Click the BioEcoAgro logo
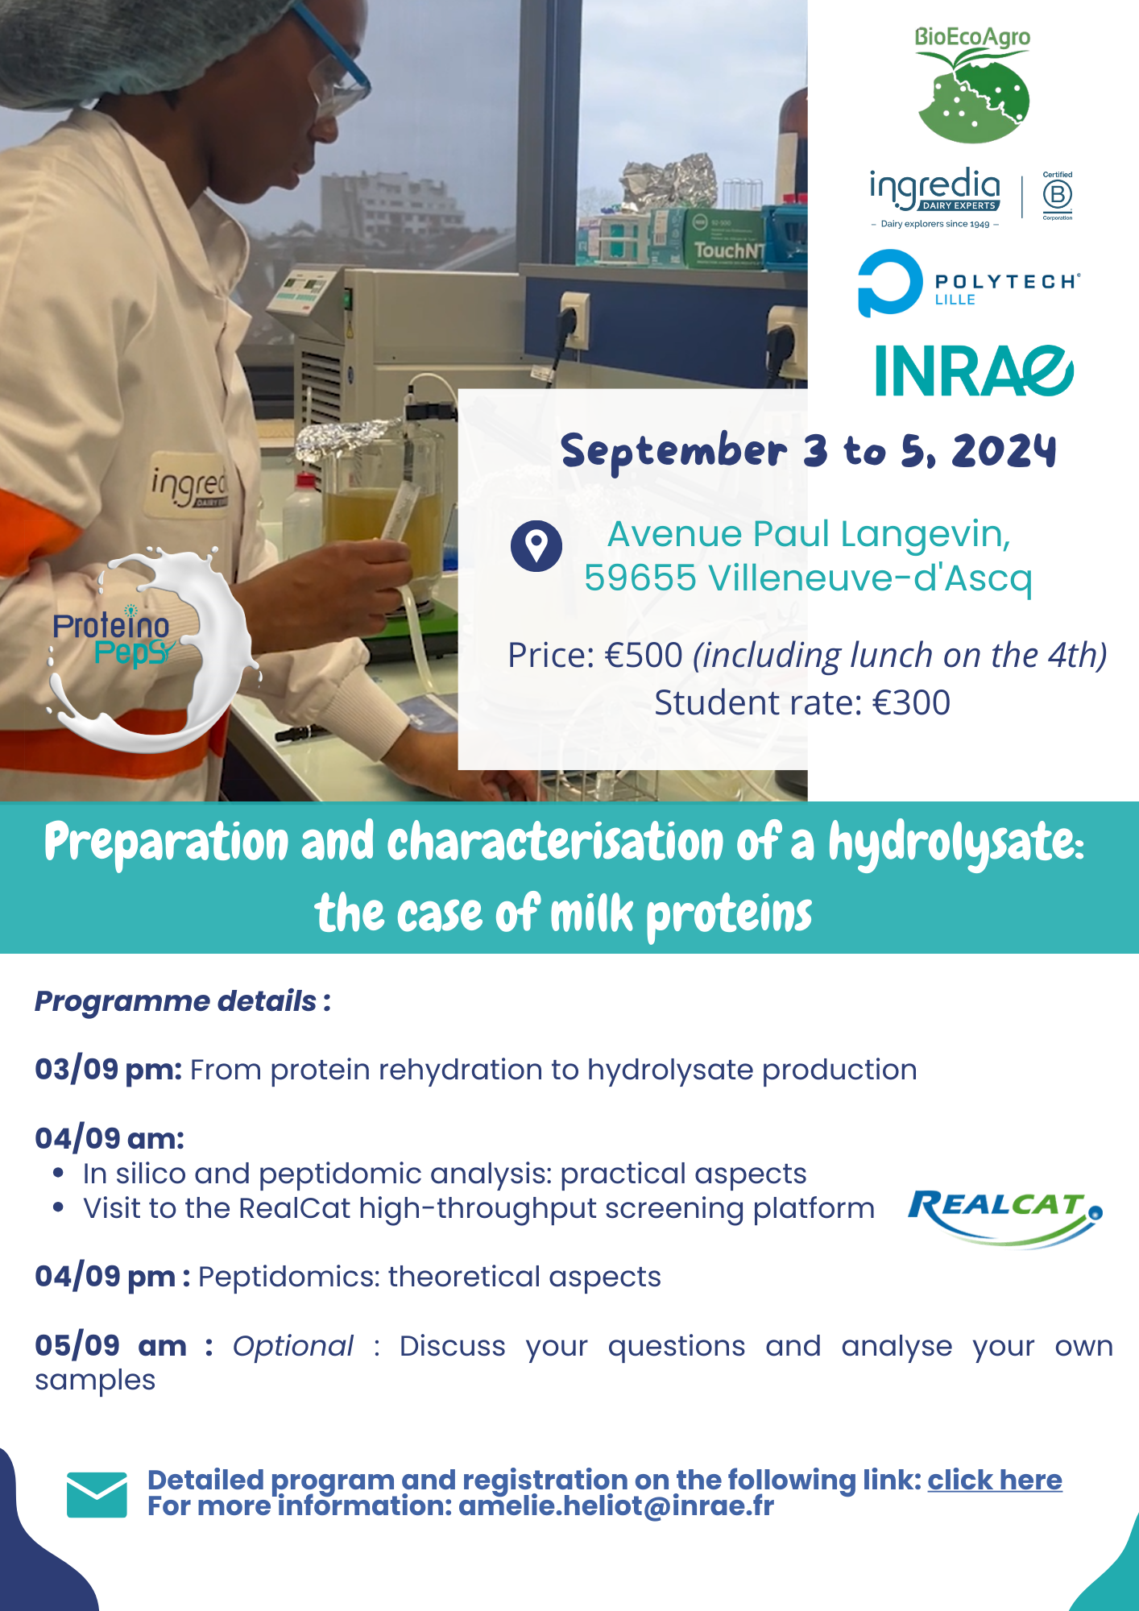[x=972, y=85]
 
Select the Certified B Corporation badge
[x=1058, y=196]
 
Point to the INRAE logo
[x=975, y=371]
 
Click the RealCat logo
[x=1005, y=1218]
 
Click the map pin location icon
[x=536, y=546]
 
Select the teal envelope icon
[x=97, y=1495]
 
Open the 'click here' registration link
[x=995, y=1480]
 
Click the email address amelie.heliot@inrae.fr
[x=616, y=1505]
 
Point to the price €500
[x=644, y=656]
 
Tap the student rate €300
[x=912, y=703]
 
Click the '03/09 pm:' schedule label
[x=109, y=1070]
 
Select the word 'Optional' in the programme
[x=292, y=1346]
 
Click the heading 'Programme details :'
[x=183, y=1001]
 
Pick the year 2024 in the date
[x=1004, y=450]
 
